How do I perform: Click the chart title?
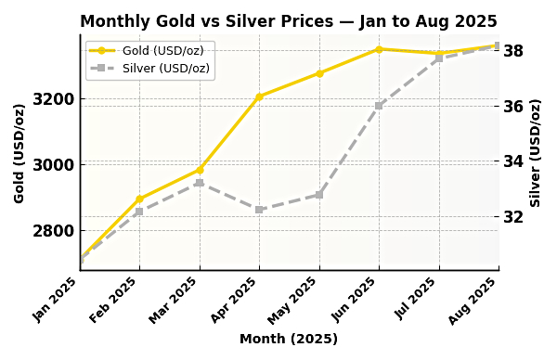288,21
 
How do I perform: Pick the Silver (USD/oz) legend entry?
150,68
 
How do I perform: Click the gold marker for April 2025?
259,96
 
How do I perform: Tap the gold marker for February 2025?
139,199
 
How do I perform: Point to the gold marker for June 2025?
379,49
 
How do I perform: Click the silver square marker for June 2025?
379,106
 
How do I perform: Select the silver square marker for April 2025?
259,210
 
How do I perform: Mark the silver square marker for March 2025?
200,183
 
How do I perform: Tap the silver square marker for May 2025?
319,195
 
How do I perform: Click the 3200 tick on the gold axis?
55,99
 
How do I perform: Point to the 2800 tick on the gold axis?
55,230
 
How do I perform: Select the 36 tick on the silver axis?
513,106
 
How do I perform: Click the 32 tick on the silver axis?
513,216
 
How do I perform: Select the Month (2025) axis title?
288,340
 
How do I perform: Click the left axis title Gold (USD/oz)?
19,153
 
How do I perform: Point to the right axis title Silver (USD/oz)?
536,153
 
